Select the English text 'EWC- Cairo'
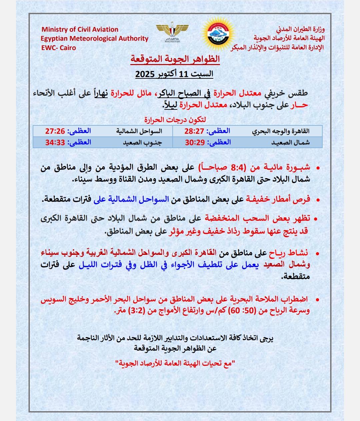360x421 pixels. click(x=59, y=48)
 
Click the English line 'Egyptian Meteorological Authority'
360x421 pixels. click(x=95, y=38)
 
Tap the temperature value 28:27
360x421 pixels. click(x=195, y=131)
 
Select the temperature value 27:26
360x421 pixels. click(x=56, y=131)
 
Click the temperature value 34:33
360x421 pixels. click(x=56, y=142)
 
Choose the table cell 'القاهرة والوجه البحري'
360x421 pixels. click(x=282, y=131)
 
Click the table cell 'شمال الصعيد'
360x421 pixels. click(x=290, y=142)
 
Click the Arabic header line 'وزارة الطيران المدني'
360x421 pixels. click(x=295, y=30)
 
